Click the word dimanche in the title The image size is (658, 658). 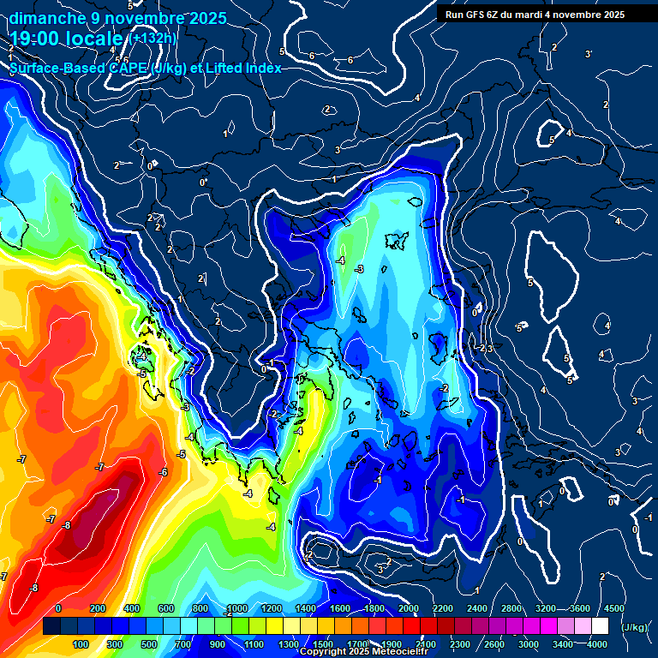point(46,18)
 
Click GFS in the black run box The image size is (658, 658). point(479,15)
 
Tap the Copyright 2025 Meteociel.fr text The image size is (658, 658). point(360,652)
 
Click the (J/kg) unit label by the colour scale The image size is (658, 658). point(633,628)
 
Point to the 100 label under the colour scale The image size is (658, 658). point(81,644)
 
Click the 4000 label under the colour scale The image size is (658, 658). point(597,644)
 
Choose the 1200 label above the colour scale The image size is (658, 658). point(271,608)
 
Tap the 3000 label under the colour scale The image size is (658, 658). point(529,644)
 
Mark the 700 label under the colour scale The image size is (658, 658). point(183,644)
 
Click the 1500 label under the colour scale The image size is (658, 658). point(323,644)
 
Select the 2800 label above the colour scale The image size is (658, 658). point(511,608)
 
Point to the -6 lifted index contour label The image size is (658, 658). point(163,472)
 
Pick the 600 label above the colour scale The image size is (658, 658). point(166,608)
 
